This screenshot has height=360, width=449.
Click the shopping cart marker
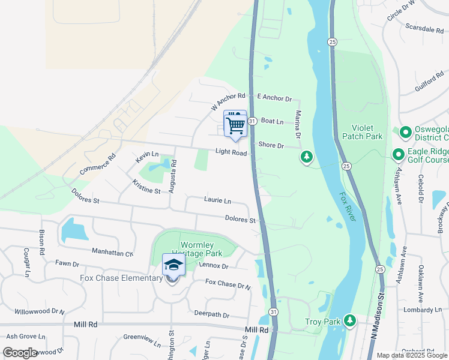235,125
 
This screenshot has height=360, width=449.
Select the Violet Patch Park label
362,132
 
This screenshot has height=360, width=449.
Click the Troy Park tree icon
349,322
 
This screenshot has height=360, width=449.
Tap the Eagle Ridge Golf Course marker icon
398,155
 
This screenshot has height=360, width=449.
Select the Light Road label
232,154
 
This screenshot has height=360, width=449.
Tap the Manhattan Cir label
112,252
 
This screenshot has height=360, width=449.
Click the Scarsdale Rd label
424,28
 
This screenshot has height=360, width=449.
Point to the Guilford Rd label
429,82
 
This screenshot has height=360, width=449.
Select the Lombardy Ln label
422,310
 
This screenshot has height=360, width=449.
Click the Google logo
20,352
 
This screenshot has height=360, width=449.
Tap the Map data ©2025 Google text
411,355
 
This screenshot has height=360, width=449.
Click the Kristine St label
146,190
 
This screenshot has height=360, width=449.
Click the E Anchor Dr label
274,97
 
